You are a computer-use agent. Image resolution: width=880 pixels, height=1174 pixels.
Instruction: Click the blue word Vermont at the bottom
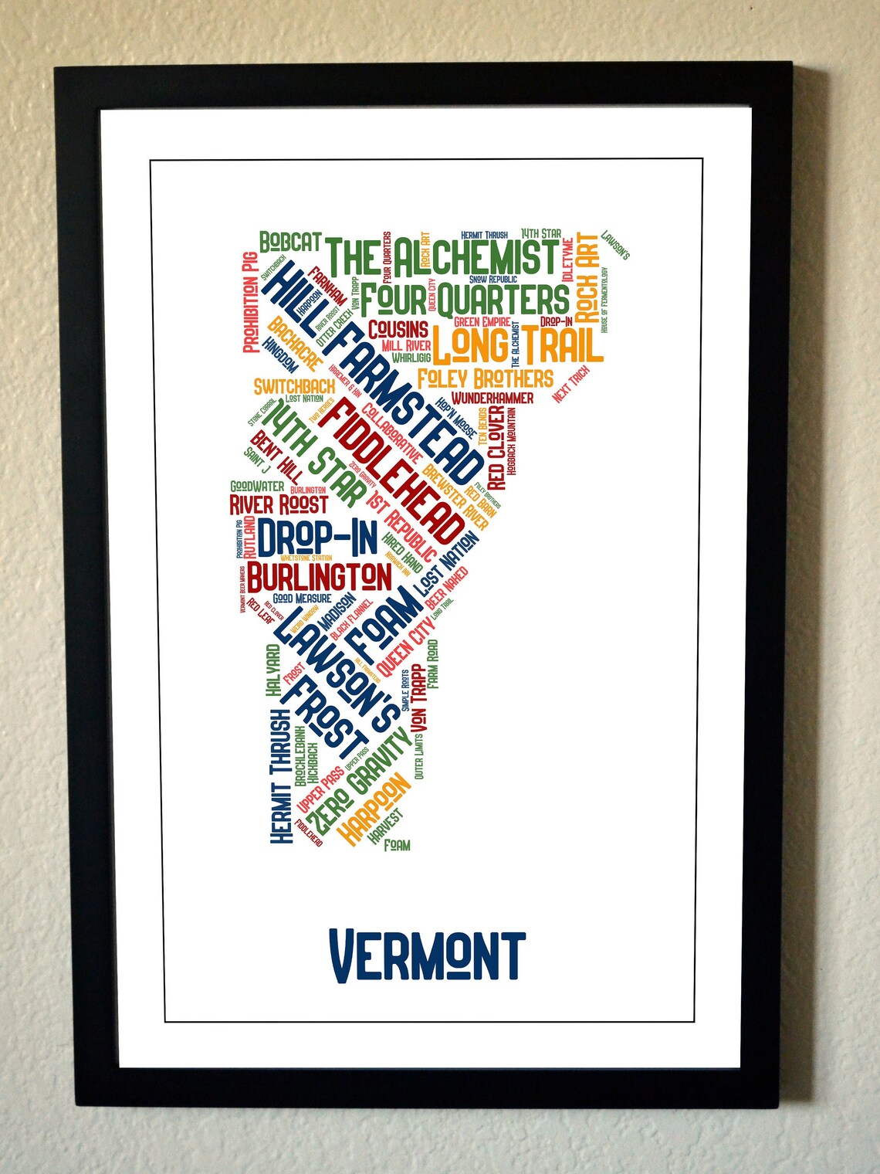[x=427, y=956]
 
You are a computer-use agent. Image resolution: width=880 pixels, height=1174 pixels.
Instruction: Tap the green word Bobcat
[x=289, y=242]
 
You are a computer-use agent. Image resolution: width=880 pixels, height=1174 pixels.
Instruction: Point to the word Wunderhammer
[x=492, y=398]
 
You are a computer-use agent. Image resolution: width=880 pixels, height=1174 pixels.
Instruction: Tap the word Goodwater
[x=257, y=487]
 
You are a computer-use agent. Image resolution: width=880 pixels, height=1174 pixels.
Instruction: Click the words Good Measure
[x=302, y=599]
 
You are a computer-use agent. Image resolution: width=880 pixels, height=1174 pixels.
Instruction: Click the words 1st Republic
[x=401, y=524]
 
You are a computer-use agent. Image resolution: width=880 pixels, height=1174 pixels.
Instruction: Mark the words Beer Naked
[x=447, y=588]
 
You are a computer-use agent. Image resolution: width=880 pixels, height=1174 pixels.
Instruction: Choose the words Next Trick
[x=571, y=384]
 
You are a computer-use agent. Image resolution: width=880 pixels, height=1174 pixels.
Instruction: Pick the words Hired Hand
[x=402, y=551]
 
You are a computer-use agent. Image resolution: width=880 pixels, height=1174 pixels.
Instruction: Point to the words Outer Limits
[x=419, y=757]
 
